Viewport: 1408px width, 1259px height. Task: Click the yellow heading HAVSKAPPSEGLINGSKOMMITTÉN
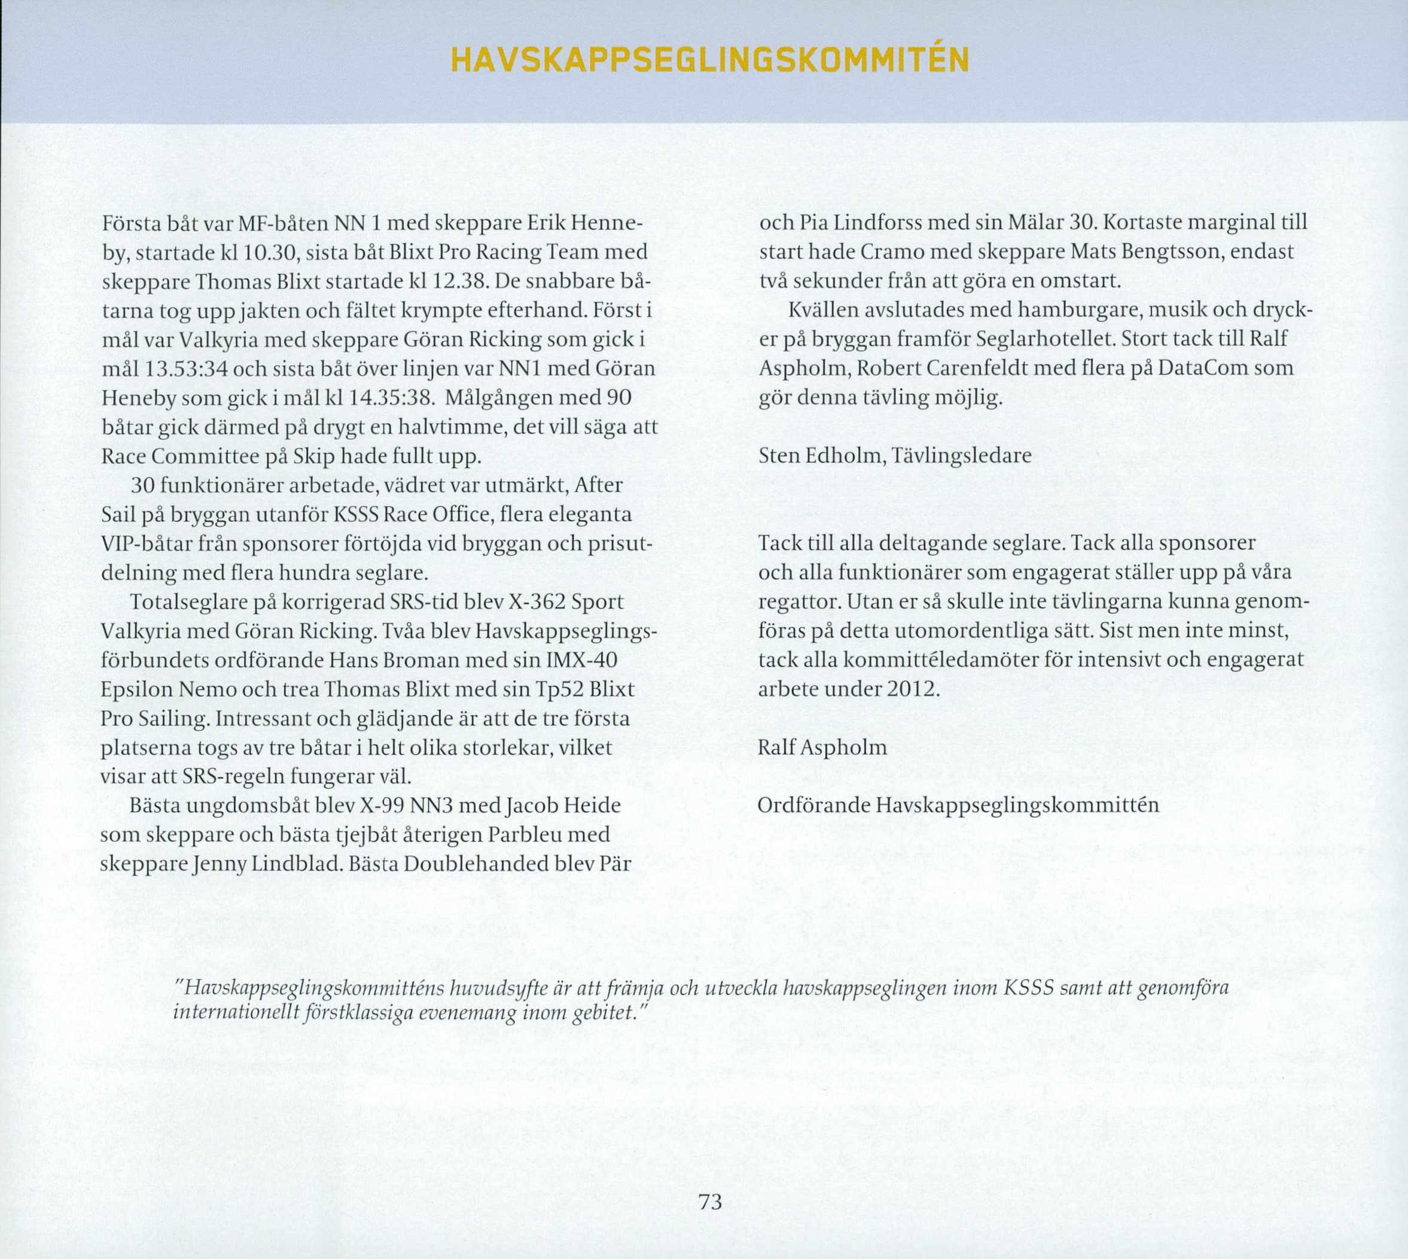pyautogui.click(x=708, y=62)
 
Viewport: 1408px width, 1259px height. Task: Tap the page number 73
pyautogui.click(x=710, y=1202)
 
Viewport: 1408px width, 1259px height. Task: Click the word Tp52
pyautogui.click(x=561, y=691)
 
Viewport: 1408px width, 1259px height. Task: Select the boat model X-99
pyautogui.click(x=380, y=807)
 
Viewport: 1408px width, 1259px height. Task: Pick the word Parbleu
pyautogui.click(x=526, y=836)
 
